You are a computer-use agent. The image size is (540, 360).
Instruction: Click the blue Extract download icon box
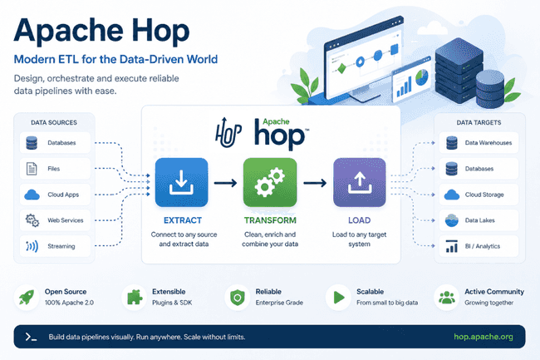181,182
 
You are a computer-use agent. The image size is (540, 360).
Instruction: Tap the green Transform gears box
270,182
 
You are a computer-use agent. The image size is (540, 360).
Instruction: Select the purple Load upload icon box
360,182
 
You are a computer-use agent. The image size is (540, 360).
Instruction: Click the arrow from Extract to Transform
226,183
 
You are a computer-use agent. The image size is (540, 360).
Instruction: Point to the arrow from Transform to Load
315,183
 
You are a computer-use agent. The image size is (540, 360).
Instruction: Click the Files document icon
32,169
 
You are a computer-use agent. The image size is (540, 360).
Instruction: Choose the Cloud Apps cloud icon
32,195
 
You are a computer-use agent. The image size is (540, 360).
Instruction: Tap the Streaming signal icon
32,246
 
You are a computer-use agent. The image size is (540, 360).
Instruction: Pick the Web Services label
66,220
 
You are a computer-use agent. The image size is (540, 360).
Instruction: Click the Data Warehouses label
488,143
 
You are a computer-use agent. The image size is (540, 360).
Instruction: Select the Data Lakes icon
451,220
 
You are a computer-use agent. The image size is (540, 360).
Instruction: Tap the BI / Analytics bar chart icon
451,246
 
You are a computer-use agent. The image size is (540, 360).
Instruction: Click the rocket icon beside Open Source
27,297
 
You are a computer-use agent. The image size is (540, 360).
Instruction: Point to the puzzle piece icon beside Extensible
135,297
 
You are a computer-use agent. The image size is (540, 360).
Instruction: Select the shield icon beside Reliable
238,298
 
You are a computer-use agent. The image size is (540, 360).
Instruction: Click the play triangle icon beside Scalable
339,297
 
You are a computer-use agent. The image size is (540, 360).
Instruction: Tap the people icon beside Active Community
447,298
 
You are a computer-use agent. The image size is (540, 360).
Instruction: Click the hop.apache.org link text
484,337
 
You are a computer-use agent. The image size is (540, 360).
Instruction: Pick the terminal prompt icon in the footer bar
31,337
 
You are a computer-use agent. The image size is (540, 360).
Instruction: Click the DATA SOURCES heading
54,123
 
